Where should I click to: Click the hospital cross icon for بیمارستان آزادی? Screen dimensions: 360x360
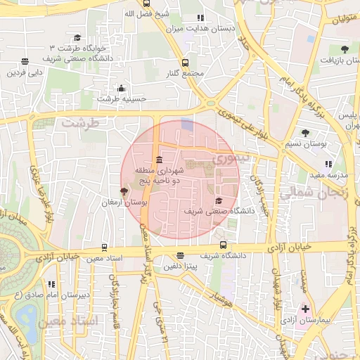(x=306, y=309)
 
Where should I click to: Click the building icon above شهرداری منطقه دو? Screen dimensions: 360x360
(x=160, y=159)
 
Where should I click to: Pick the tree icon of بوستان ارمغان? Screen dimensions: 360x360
(x=124, y=191)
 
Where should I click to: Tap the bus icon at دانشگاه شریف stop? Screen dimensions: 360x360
(x=223, y=245)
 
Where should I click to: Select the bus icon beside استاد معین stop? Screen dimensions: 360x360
(x=104, y=247)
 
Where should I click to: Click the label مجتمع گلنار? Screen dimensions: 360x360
(x=186, y=73)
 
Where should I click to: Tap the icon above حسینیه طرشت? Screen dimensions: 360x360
(x=122, y=88)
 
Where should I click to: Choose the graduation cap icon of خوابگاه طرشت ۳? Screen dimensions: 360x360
(x=77, y=37)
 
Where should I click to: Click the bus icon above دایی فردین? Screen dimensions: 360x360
(x=25, y=61)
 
